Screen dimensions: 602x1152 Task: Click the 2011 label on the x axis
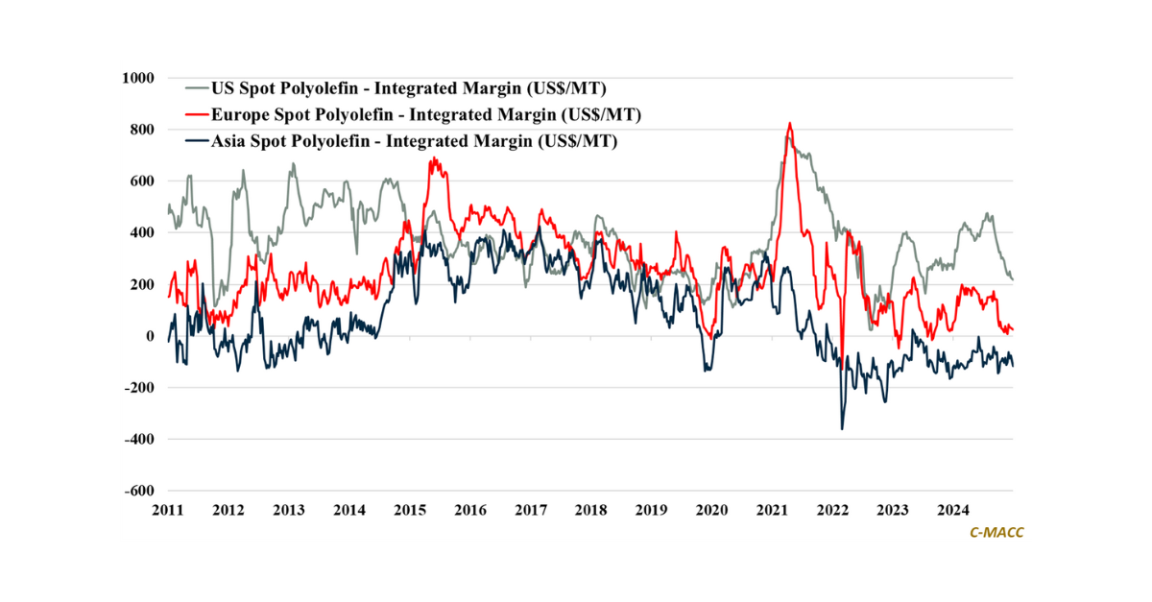[x=168, y=509]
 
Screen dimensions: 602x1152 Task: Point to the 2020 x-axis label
[x=711, y=509]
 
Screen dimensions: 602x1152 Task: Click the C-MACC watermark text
[x=996, y=532]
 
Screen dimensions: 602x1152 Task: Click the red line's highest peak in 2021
[x=789, y=123]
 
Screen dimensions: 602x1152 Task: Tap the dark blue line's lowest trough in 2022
[x=842, y=428]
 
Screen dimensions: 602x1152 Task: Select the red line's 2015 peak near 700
[x=434, y=158]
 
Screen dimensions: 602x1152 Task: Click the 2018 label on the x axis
[x=590, y=509]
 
